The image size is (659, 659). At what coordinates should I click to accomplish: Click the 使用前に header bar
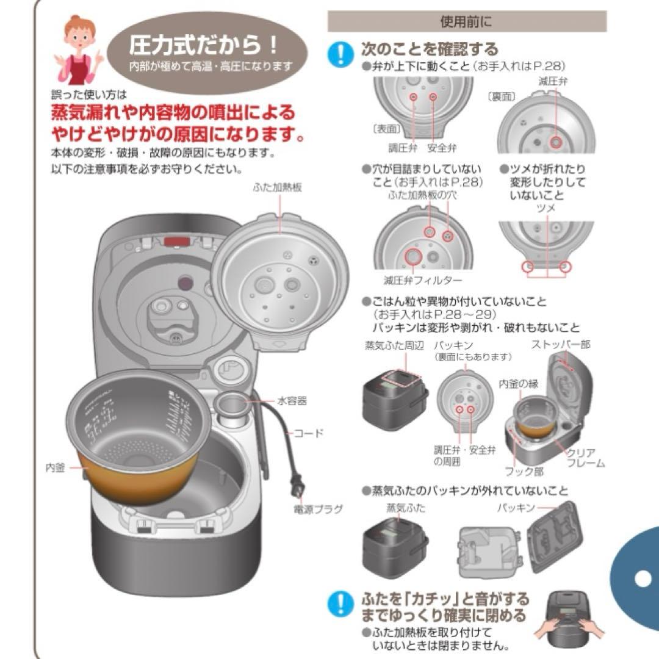[467, 22]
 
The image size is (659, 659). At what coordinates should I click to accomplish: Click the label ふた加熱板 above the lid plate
[277, 188]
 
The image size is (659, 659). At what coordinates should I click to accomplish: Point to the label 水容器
[292, 401]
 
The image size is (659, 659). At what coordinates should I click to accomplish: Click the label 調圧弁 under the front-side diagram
[402, 148]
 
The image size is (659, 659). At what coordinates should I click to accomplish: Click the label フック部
[524, 472]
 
